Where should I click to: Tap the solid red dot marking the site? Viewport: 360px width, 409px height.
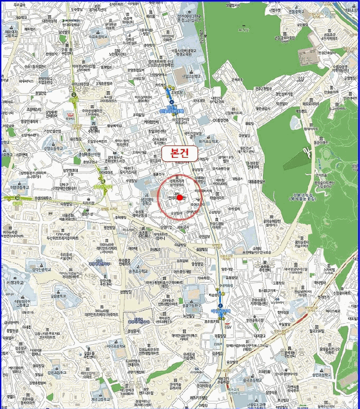coord(180,197)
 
